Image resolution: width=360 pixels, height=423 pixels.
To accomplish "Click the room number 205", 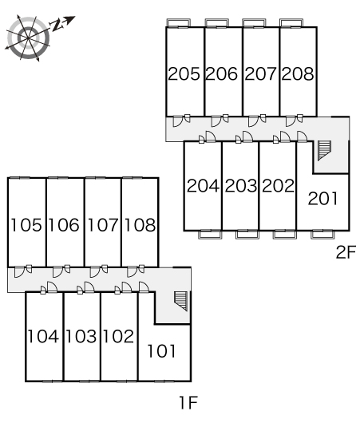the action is click(184, 73).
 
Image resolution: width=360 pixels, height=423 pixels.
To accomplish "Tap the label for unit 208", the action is click(298, 73).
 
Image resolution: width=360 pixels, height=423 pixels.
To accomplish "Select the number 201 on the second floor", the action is click(322, 199).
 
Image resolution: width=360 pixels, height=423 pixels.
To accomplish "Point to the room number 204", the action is click(203, 186).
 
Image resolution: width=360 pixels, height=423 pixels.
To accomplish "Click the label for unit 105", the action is click(26, 225).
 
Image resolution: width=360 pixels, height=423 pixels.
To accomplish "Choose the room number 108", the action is click(140, 225).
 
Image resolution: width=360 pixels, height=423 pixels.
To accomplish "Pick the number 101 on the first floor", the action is click(162, 350).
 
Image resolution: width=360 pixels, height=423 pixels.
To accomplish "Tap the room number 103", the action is click(81, 336).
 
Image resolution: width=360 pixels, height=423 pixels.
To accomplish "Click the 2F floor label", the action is click(346, 252).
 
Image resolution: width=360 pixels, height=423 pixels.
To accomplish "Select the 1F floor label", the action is click(188, 402).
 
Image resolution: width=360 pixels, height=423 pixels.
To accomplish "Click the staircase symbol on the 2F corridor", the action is click(324, 151).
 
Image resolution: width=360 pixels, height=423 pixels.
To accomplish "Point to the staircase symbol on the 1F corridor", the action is click(181, 301).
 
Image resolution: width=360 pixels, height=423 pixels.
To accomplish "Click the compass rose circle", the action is click(28, 38).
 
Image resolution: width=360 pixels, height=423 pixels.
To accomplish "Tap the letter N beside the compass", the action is click(57, 25).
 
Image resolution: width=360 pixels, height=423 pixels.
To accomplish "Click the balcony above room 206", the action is click(216, 22).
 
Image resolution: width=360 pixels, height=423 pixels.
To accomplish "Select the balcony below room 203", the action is click(247, 235).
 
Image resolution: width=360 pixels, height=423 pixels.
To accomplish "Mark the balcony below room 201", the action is click(322, 235).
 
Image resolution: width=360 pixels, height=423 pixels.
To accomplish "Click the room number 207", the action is click(260, 73).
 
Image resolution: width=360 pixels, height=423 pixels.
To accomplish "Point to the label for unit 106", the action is click(64, 225).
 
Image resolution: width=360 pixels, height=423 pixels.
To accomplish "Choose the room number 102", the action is click(118, 336).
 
